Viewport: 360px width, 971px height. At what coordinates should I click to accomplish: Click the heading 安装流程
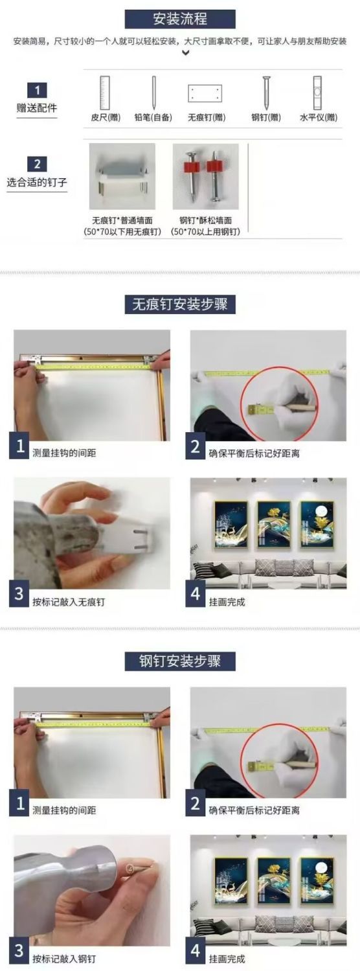click(x=180, y=19)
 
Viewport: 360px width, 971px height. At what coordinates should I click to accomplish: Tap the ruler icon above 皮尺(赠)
click(x=105, y=93)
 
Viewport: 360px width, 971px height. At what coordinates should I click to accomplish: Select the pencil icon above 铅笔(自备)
click(x=153, y=93)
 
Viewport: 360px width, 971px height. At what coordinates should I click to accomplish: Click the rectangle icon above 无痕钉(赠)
click(x=205, y=93)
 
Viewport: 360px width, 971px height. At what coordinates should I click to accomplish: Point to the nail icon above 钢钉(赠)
click(x=266, y=93)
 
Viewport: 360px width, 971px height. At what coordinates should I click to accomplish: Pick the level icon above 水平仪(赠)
click(x=318, y=93)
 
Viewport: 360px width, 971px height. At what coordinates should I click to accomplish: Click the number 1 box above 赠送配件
click(x=38, y=91)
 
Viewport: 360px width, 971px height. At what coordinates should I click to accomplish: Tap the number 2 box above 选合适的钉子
click(x=38, y=165)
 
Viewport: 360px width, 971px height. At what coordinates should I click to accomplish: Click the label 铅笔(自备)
click(x=153, y=117)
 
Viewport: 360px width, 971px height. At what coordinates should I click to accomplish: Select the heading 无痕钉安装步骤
click(x=180, y=304)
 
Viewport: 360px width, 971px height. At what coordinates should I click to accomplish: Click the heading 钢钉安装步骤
click(x=180, y=661)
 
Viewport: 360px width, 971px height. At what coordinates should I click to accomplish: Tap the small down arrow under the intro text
click(x=185, y=53)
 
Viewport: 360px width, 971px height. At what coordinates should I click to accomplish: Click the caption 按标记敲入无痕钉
click(x=69, y=602)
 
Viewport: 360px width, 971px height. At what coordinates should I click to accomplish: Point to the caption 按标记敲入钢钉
click(x=64, y=959)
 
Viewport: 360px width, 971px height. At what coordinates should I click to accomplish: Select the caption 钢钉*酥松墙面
click(x=205, y=220)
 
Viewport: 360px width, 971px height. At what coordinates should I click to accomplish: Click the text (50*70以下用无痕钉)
click(x=122, y=232)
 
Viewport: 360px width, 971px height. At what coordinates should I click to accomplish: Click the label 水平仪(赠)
click(x=319, y=117)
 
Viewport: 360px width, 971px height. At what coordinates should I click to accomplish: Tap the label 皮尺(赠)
click(x=106, y=117)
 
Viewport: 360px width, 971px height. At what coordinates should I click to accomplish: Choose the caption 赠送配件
click(x=37, y=108)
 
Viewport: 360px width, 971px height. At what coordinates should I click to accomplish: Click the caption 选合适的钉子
click(x=37, y=182)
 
